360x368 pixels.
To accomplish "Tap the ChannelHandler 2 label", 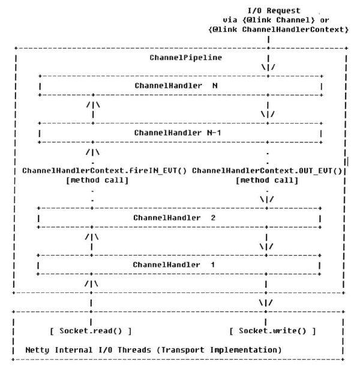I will (174, 217).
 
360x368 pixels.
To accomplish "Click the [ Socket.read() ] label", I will (92, 331).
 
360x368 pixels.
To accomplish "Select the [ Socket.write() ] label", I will (272, 331).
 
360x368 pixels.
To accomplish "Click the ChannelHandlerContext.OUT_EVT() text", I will (268, 170).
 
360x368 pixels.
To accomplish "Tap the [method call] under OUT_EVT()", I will (268, 179).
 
